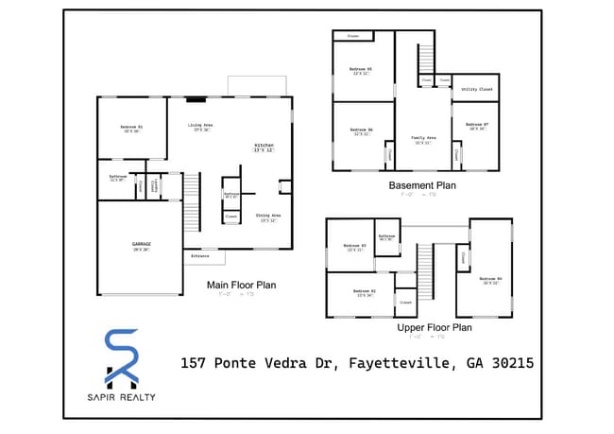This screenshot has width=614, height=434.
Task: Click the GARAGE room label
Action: click(142, 244)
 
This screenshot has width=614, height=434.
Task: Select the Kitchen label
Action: click(264, 147)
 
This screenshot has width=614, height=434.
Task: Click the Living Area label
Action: click(199, 125)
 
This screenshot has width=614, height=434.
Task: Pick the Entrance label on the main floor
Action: click(200, 256)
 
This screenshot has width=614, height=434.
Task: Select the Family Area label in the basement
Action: click(423, 138)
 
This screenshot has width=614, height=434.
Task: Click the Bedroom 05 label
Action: click(361, 70)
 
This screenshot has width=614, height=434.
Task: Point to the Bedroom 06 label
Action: click(361, 130)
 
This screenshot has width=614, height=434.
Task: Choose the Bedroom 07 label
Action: click(478, 125)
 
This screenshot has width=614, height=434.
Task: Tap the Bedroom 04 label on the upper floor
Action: click(490, 279)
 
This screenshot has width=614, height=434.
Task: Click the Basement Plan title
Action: click(422, 185)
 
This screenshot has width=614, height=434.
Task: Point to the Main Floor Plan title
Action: click(242, 284)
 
